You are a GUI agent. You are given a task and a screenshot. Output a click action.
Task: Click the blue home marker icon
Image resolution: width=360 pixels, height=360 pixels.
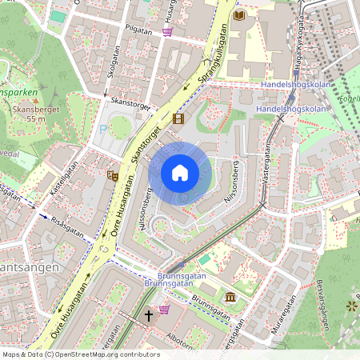tap(180, 173)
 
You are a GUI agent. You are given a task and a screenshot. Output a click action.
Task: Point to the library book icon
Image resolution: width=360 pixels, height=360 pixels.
tap(239, 14)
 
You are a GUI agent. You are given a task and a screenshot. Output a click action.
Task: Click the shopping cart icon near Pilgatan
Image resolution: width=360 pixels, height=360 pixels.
tap(167, 32)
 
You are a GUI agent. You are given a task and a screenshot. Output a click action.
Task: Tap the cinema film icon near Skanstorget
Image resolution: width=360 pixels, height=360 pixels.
tap(178, 119)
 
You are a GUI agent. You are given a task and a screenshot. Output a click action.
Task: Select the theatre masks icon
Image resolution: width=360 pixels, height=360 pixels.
tap(112, 174)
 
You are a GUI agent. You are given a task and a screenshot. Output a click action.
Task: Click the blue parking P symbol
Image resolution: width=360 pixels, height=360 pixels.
tap(102, 129)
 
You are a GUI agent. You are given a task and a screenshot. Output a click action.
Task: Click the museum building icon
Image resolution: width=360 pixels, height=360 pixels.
tap(230, 298)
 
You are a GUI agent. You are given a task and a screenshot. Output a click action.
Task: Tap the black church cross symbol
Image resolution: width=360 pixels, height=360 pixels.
tap(148, 317)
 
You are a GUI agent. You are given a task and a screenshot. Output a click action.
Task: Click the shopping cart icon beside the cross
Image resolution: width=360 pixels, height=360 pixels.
tap(165, 310)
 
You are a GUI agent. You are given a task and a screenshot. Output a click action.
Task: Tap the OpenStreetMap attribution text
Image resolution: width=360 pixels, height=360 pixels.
tap(69, 354)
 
